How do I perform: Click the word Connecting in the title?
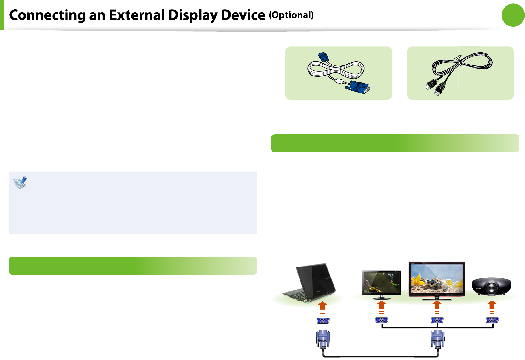[x=47, y=15]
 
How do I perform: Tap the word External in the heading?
[x=137, y=15]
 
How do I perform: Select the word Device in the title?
[x=243, y=15]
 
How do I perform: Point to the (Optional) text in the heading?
[x=291, y=15]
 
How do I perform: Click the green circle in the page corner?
[x=513, y=15]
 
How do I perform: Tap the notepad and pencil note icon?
[x=20, y=183]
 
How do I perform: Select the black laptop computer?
[x=310, y=283]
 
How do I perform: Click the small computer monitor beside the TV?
[x=381, y=284]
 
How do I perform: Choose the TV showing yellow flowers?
[x=437, y=281]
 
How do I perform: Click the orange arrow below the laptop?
[x=322, y=308]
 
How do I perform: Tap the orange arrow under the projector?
[x=492, y=307]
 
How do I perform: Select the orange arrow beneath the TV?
[x=437, y=307]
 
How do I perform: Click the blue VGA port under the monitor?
[x=382, y=320]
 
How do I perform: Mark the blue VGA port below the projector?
[x=492, y=320]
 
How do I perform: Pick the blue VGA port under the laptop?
[x=323, y=321]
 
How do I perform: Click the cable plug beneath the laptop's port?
[x=323, y=339]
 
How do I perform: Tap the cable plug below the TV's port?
[x=437, y=339]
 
